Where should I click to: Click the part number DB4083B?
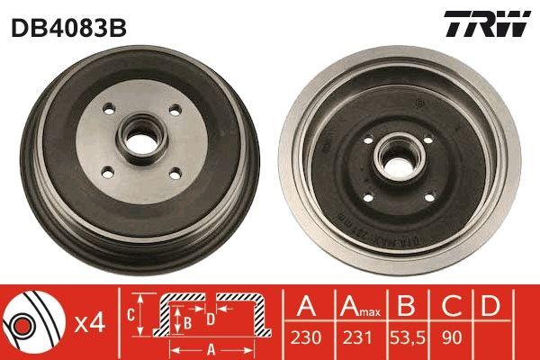pyautogui.click(x=69, y=28)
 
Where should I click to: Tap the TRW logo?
pyautogui.click(x=487, y=23)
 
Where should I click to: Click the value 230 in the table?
pyautogui.click(x=306, y=337)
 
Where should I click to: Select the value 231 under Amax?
pyautogui.click(x=357, y=337)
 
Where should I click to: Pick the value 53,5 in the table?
pyautogui.click(x=408, y=337)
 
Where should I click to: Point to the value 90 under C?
pyautogui.click(x=451, y=337)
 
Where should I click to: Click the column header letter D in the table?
pyautogui.click(x=490, y=305)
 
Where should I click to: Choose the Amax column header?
pyautogui.click(x=360, y=306)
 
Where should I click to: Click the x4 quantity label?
pyautogui.click(x=89, y=323)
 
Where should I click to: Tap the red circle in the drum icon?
pyautogui.click(x=22, y=325)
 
